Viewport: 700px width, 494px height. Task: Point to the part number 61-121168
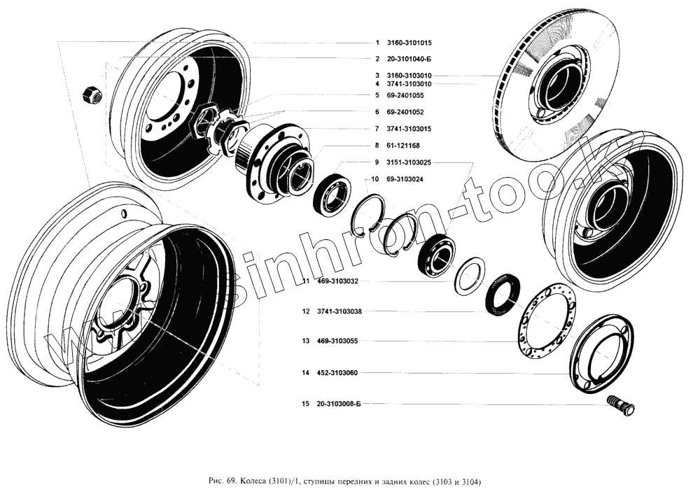[402, 146]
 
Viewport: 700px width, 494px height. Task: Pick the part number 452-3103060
[339, 373]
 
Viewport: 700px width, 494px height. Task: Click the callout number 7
[377, 129]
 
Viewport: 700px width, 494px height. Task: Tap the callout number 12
[306, 311]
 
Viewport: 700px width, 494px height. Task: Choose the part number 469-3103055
[339, 341]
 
